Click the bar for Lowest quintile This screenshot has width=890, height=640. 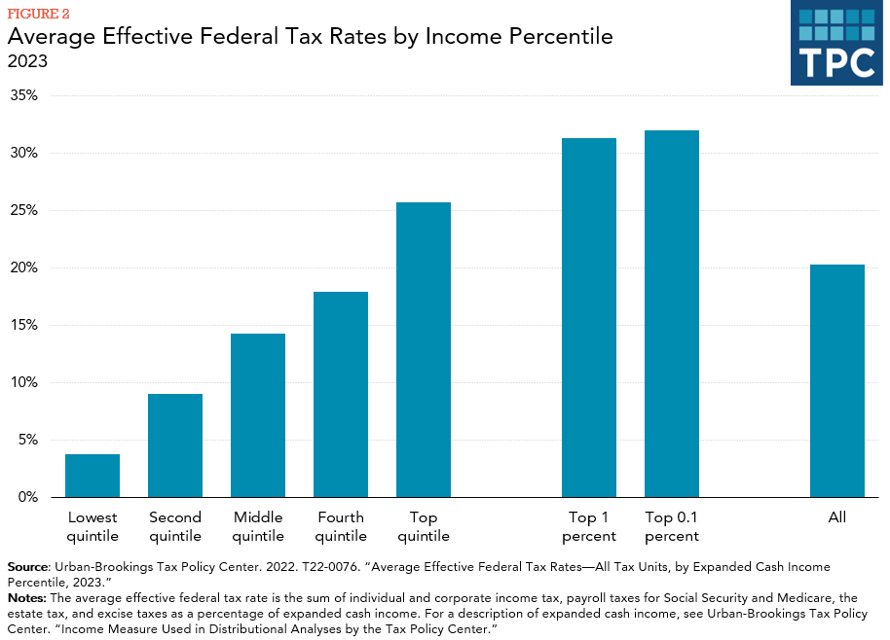pos(93,476)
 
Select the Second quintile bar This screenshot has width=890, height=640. pos(175,445)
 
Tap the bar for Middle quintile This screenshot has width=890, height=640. pos(258,415)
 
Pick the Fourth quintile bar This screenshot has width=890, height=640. pos(341,394)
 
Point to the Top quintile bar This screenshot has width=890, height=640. pos(424,349)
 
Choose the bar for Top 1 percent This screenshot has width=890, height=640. pos(589,317)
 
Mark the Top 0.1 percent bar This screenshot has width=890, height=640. pos(672,313)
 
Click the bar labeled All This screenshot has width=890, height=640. pos(837,380)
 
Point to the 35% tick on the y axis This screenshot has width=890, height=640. pos(24,95)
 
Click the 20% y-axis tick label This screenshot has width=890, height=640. pos(24,267)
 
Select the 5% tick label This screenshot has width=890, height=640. pos(27,440)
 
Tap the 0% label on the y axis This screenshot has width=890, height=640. pos(27,497)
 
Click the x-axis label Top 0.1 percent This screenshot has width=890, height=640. pos(672,526)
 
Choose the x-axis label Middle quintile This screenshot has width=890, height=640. pos(258,526)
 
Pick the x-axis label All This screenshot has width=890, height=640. pos(837,517)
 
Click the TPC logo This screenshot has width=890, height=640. pos(836,43)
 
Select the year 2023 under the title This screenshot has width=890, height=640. pos(28,61)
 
